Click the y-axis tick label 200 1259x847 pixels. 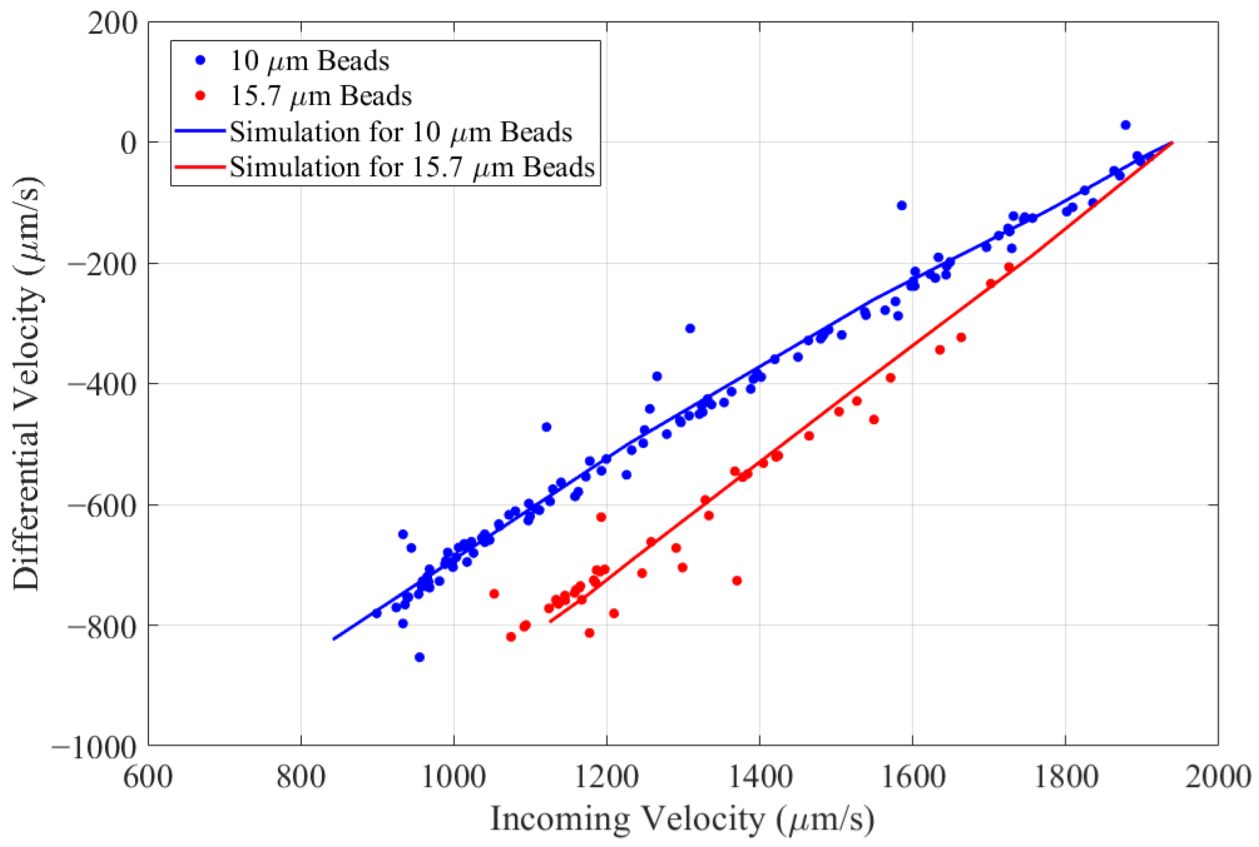[x=112, y=24]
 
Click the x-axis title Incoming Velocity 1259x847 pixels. [x=682, y=819]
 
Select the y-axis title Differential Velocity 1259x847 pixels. [x=27, y=384]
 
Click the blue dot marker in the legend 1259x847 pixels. [x=201, y=61]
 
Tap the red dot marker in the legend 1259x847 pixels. [x=201, y=96]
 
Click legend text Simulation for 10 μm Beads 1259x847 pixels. [x=400, y=132]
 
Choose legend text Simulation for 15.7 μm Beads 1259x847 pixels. [x=412, y=167]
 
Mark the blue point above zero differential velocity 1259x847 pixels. [x=1126, y=125]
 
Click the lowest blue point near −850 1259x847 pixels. [x=419, y=657]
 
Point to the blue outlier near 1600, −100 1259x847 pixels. [x=901, y=206]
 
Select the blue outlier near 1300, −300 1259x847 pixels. [x=690, y=328]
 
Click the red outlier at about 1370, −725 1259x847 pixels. [x=737, y=581]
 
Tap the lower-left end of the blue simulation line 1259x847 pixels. [x=334, y=639]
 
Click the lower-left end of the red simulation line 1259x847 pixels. [x=550, y=622]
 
